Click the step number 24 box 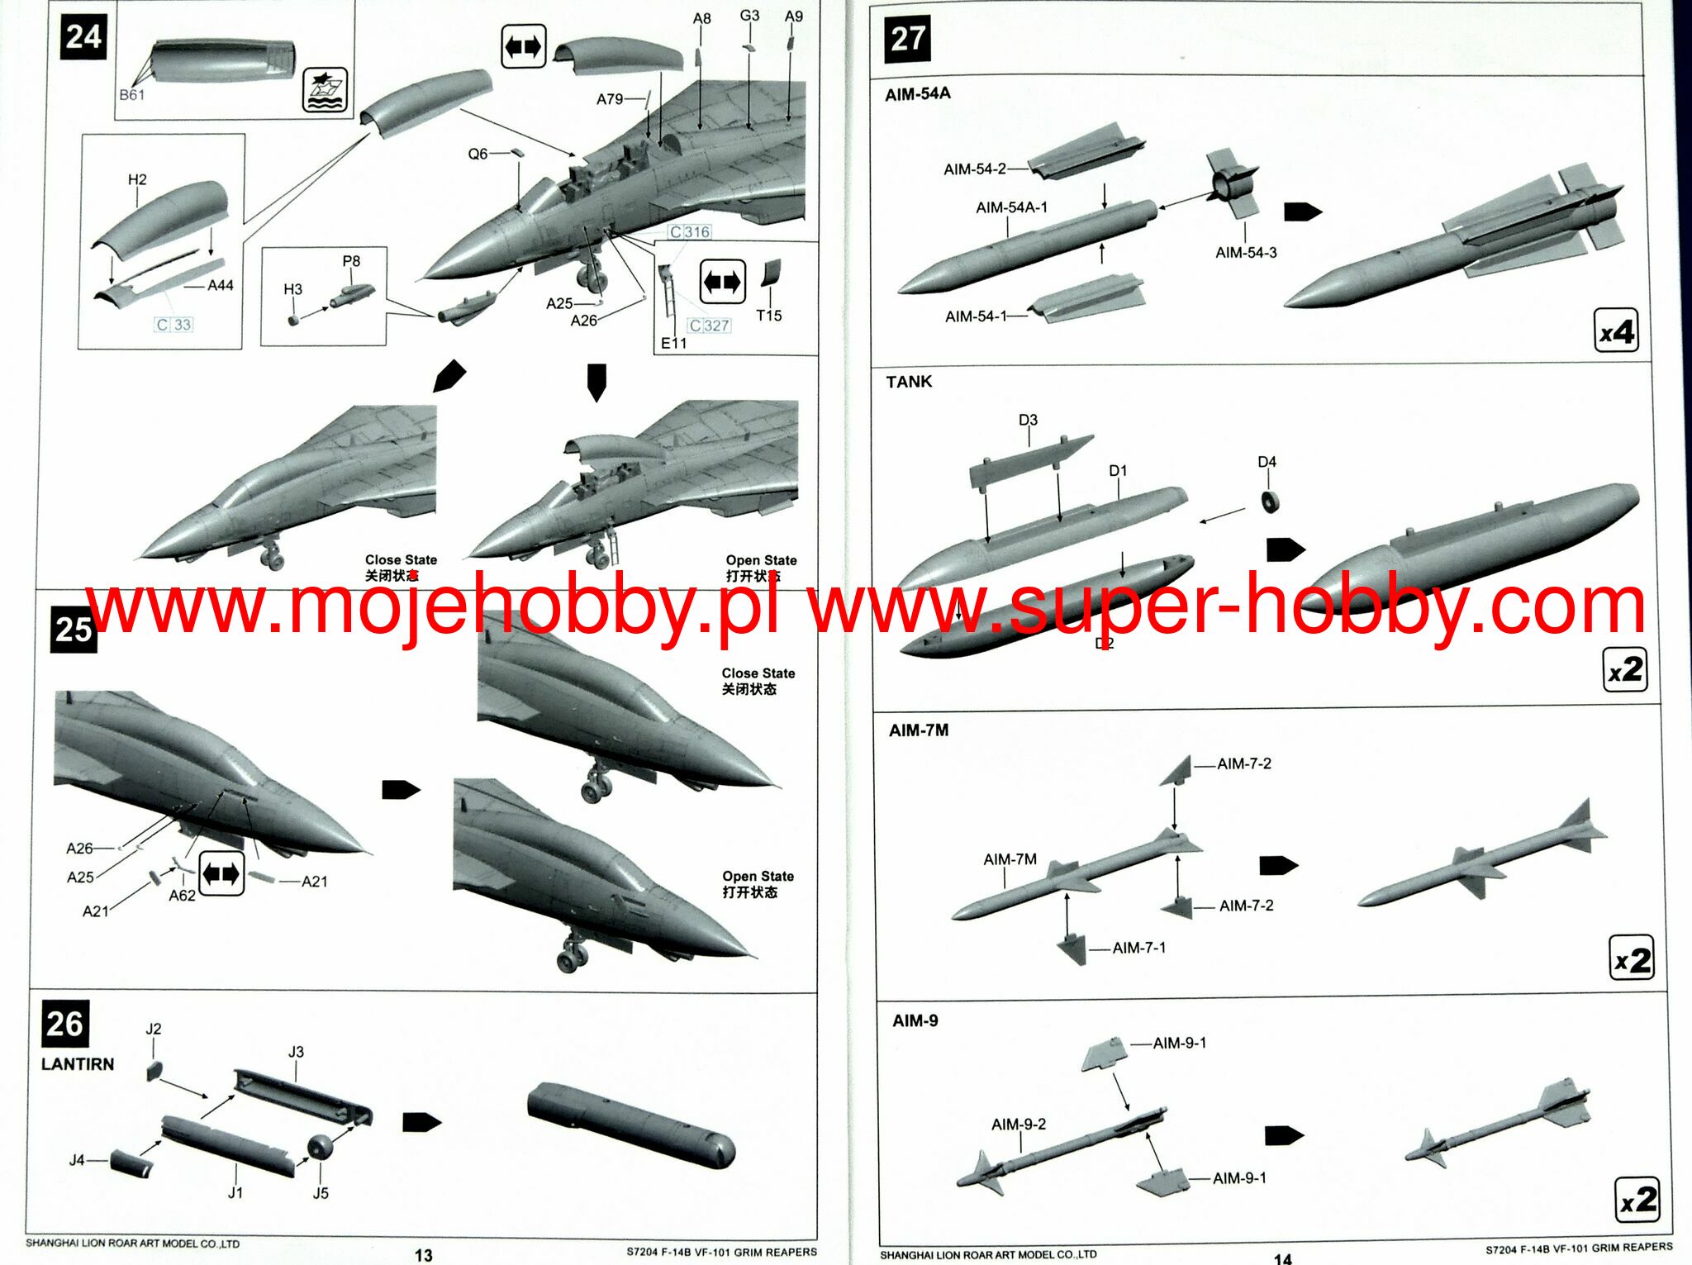tap(83, 37)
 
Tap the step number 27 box tap(907, 39)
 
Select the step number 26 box tap(64, 1024)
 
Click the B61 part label tap(131, 95)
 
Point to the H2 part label tap(137, 179)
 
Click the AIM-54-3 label tap(1246, 252)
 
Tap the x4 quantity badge tap(1615, 332)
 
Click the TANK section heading tap(909, 382)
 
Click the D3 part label tap(1028, 420)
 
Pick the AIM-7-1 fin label tap(1138, 948)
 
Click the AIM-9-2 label tap(1018, 1124)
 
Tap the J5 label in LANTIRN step tap(321, 1192)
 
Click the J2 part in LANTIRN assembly tap(154, 1071)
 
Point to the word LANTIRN tap(78, 1064)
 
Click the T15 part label tap(768, 316)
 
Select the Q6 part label tap(478, 154)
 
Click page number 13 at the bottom tap(423, 1255)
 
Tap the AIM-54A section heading tap(917, 94)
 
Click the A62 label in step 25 tap(182, 896)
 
